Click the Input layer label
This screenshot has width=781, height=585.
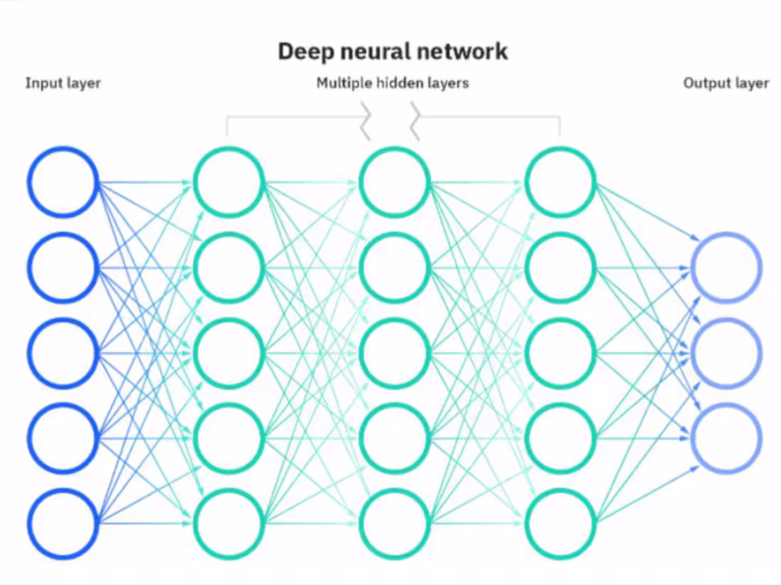click(63, 83)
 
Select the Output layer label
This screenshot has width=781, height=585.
click(726, 83)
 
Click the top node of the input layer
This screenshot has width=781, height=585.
click(62, 182)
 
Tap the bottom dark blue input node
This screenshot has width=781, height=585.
click(62, 523)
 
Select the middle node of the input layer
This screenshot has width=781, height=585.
click(62, 352)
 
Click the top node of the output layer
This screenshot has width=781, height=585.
click(727, 268)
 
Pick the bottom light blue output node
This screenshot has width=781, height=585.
click(727, 437)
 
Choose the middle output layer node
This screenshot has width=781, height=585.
click(727, 352)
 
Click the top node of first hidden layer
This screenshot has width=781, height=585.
click(229, 182)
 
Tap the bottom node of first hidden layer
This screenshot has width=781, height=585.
click(229, 523)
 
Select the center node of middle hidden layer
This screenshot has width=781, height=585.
click(394, 352)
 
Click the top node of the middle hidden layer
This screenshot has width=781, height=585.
click(394, 182)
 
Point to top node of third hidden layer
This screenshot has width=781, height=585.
click(560, 182)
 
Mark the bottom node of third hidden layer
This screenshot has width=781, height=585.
click(560, 523)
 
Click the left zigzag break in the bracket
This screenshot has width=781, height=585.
click(366, 120)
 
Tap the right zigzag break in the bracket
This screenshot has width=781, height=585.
click(415, 120)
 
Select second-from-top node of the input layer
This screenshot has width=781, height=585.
click(62, 267)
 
